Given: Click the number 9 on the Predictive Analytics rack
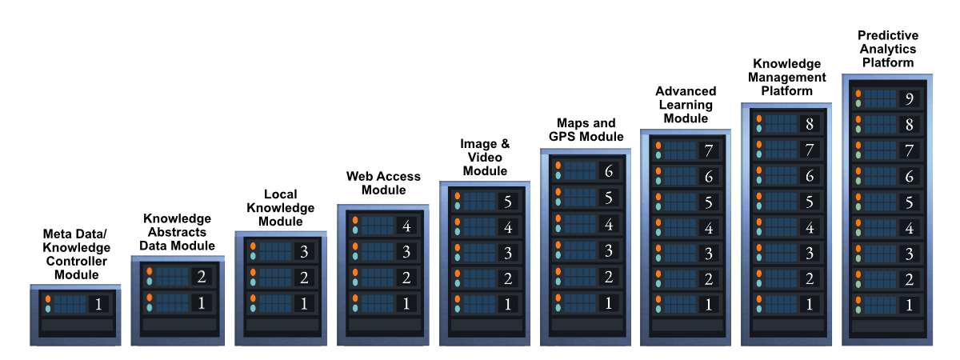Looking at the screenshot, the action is click(x=910, y=99).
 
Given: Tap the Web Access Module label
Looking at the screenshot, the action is click(x=383, y=183).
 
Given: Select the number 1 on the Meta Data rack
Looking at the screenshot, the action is click(x=98, y=304).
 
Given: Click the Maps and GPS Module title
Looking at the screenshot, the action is click(x=586, y=130).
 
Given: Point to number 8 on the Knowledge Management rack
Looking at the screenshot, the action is click(x=809, y=124).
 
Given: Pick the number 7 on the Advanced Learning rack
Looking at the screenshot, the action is click(x=709, y=150).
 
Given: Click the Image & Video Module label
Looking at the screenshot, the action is click(x=485, y=158).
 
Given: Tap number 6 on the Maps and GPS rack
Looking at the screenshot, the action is click(x=609, y=171).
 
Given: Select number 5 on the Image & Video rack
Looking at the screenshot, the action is click(x=508, y=202).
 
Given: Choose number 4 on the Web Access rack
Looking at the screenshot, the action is click(x=406, y=226).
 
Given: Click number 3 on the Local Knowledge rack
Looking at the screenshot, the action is click(x=304, y=251).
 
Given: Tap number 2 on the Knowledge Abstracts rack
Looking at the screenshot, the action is click(x=202, y=277).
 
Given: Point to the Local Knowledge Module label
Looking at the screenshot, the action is click(x=281, y=208).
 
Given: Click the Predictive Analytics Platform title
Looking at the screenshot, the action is click(x=888, y=49).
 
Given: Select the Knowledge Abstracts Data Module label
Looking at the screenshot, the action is click(x=177, y=232).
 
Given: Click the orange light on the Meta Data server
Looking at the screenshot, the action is click(x=48, y=299).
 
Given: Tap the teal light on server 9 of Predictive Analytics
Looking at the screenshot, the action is click(x=858, y=103).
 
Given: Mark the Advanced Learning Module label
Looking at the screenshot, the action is click(x=686, y=105).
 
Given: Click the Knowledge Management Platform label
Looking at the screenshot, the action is click(x=787, y=77).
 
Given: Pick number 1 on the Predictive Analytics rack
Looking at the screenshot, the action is click(x=909, y=305).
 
